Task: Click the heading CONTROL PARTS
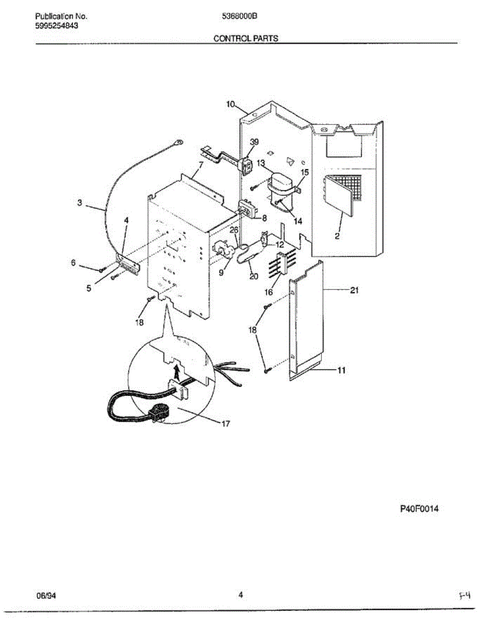pyautogui.click(x=245, y=38)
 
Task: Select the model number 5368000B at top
pyautogui.click(x=239, y=16)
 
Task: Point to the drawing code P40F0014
pyautogui.click(x=419, y=509)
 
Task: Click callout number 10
pyautogui.click(x=231, y=105)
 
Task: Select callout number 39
pyautogui.click(x=254, y=142)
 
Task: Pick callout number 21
pyautogui.click(x=354, y=290)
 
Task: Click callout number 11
pyautogui.click(x=341, y=370)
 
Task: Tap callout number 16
pyautogui.click(x=269, y=292)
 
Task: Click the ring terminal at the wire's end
pyautogui.click(x=179, y=139)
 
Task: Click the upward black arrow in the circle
pyautogui.click(x=177, y=369)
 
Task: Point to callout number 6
pyautogui.click(x=73, y=263)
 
